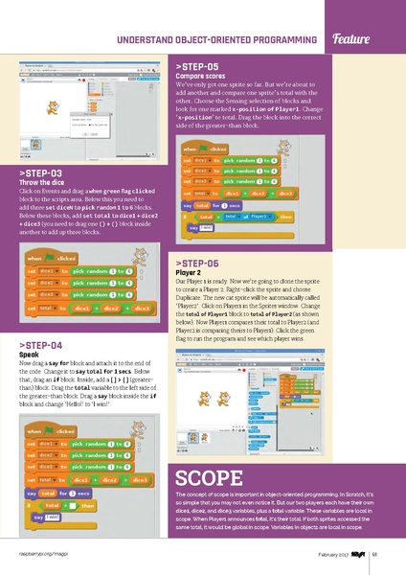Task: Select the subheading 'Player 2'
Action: [x=189, y=271]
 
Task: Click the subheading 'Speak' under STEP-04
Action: [x=29, y=354]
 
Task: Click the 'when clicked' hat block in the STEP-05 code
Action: [x=203, y=149]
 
